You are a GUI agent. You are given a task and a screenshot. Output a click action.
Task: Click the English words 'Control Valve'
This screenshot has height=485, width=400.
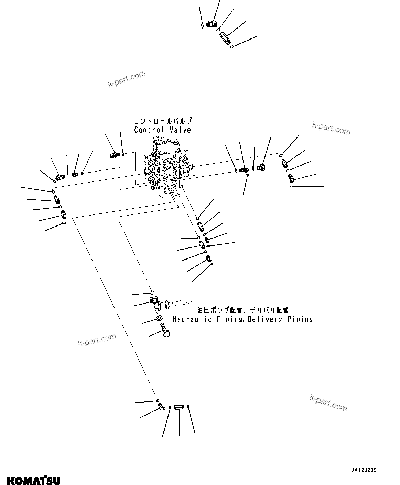(x=162, y=130)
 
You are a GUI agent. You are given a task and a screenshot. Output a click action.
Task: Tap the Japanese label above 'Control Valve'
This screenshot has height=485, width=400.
(x=162, y=121)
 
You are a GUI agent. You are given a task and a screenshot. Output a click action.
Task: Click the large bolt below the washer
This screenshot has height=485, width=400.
(x=165, y=332)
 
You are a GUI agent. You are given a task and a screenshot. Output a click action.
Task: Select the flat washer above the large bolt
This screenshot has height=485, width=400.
(x=160, y=319)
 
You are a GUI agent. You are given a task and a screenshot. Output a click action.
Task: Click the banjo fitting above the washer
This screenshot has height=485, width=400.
(x=154, y=303)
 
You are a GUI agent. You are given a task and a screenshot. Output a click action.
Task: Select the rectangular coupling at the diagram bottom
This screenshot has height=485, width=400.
(x=179, y=408)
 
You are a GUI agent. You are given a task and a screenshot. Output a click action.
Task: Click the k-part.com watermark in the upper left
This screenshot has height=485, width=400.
(x=127, y=79)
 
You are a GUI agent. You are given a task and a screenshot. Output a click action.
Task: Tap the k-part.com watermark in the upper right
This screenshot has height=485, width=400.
(x=331, y=128)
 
